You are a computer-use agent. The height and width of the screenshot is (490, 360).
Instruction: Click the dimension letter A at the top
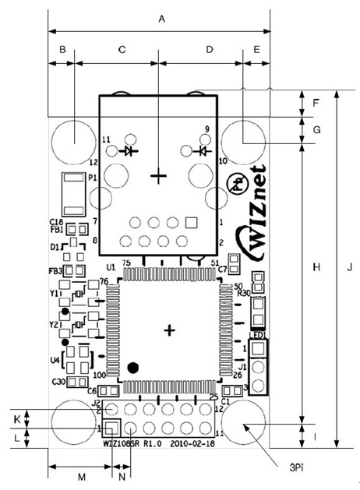[161, 17]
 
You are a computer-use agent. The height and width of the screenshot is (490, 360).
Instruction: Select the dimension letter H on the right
[316, 267]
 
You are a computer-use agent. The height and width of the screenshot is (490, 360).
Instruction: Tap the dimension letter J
[350, 267]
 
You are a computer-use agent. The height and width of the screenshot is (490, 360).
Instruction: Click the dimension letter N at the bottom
[121, 475]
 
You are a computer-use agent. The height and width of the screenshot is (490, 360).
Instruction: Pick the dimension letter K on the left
[16, 418]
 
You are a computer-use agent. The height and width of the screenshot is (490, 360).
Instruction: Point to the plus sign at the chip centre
[170, 330]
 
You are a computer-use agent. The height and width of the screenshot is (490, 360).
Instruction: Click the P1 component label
[91, 178]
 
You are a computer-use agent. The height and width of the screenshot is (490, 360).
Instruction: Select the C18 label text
[56, 221]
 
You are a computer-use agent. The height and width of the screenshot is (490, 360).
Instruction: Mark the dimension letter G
[316, 130]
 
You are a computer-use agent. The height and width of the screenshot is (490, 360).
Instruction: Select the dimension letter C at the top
[121, 49]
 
